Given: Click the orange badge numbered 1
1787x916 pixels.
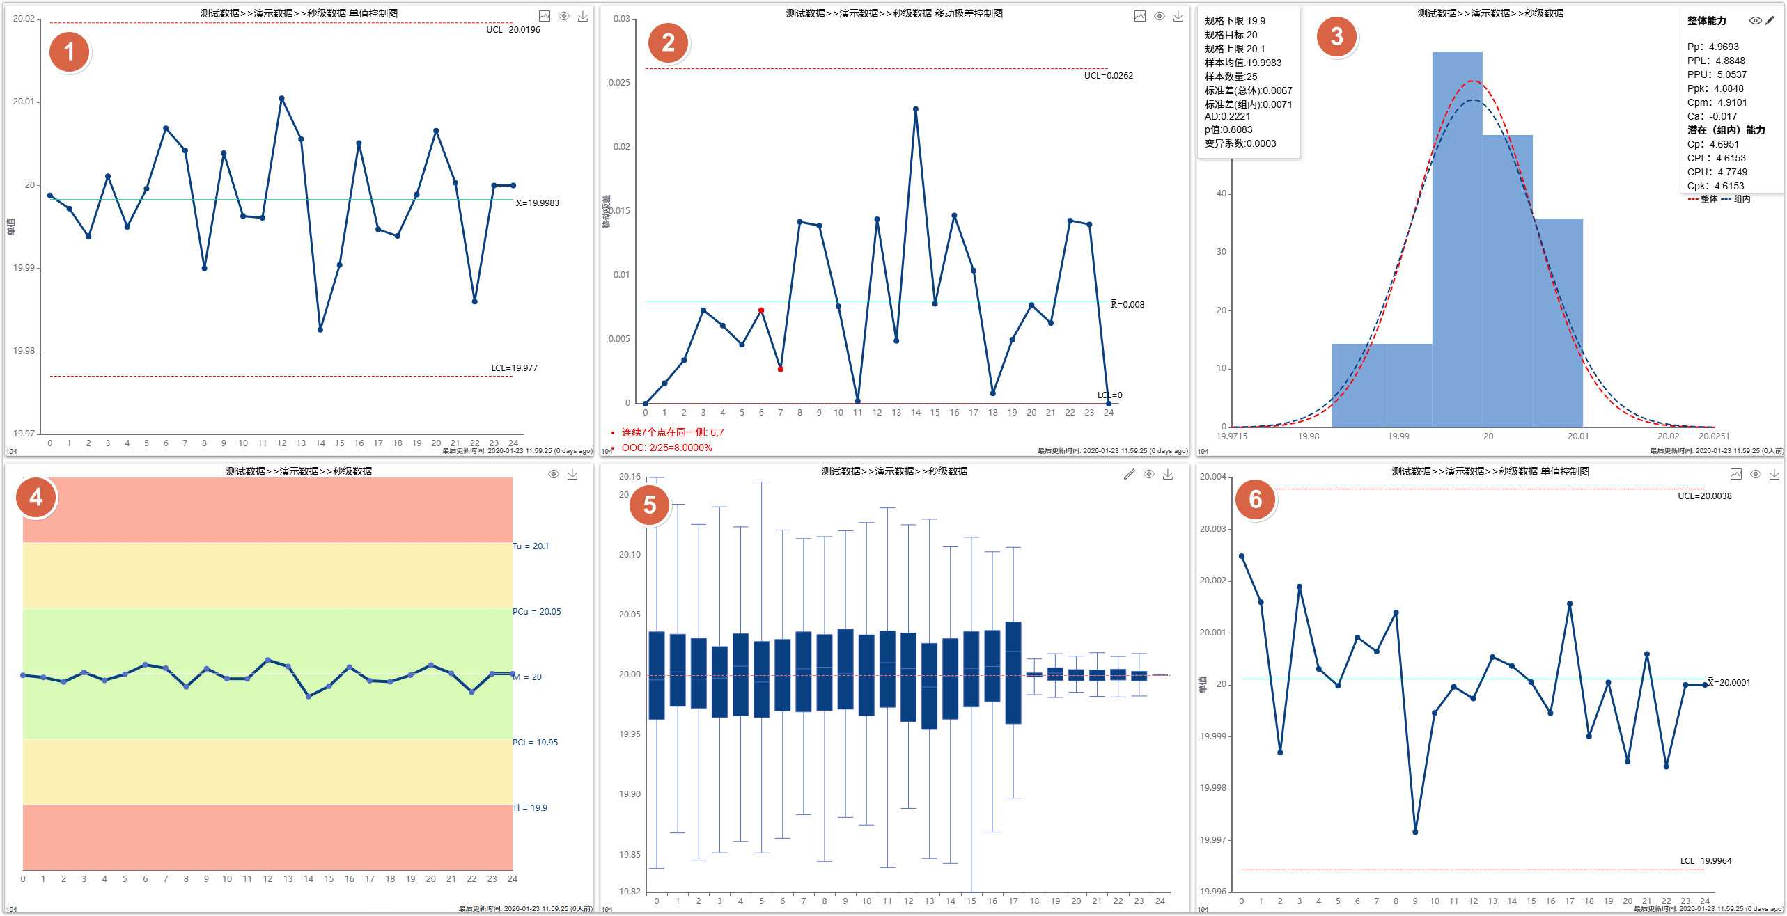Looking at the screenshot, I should (x=69, y=52).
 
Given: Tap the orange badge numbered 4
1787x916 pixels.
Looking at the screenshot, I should (x=36, y=497).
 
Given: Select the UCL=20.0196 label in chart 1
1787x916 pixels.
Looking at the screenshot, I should (x=513, y=30).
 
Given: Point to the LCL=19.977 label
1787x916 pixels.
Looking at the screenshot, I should (x=514, y=368).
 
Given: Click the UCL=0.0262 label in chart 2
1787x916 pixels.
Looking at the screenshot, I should (x=1108, y=76).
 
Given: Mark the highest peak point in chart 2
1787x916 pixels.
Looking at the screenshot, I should (x=915, y=109).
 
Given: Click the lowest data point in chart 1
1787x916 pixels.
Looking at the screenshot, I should (x=320, y=329).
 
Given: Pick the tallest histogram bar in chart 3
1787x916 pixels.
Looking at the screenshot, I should (x=1457, y=237).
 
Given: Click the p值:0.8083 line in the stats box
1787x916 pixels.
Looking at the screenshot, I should (x=1228, y=129).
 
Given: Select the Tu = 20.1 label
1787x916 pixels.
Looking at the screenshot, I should (x=531, y=546).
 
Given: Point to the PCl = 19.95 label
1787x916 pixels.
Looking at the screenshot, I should (x=535, y=743).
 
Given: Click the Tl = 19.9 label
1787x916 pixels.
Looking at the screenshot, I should (x=530, y=808).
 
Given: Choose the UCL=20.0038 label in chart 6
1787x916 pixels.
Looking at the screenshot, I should (x=1704, y=496).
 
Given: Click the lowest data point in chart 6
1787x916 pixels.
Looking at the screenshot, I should (x=1415, y=832).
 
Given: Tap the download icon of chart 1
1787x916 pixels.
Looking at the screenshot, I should (x=583, y=16).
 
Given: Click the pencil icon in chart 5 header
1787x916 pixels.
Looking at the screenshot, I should (x=1129, y=474).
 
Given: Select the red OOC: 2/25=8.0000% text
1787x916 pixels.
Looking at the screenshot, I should (x=666, y=448).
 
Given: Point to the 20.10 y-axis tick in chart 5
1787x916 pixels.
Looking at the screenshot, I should (x=630, y=555).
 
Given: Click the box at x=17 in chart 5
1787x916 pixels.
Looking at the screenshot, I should (x=1013, y=672).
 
